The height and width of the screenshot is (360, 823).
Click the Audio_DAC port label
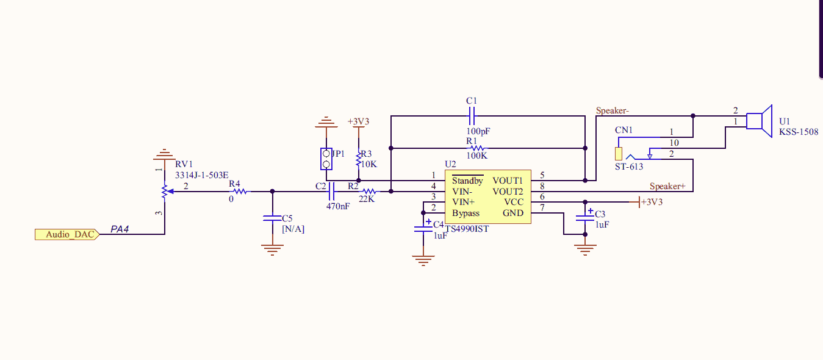click(67, 234)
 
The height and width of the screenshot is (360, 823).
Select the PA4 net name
click(120, 229)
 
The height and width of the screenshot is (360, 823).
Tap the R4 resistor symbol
click(240, 192)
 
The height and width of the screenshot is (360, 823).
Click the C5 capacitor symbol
click(272, 218)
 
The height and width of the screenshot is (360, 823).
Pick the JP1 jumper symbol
click(326, 159)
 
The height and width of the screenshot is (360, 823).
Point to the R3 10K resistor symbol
click(359, 159)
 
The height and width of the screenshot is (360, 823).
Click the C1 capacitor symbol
click(472, 116)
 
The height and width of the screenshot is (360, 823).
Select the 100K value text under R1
click(476, 156)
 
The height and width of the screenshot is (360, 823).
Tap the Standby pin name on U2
click(467, 181)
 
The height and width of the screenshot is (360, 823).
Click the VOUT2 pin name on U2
click(508, 192)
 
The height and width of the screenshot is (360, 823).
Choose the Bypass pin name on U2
click(466, 214)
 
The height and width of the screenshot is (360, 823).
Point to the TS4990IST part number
click(467, 229)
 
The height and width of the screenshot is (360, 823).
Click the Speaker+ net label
click(667, 186)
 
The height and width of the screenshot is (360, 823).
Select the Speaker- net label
click(613, 110)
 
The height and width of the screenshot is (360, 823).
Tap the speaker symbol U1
click(759, 121)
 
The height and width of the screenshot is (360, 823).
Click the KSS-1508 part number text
click(799, 132)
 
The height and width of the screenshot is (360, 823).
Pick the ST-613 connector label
click(629, 167)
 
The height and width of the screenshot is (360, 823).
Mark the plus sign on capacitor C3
click(591, 211)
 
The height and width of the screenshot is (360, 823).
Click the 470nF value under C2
click(338, 206)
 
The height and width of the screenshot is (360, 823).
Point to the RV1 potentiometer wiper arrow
click(170, 192)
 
